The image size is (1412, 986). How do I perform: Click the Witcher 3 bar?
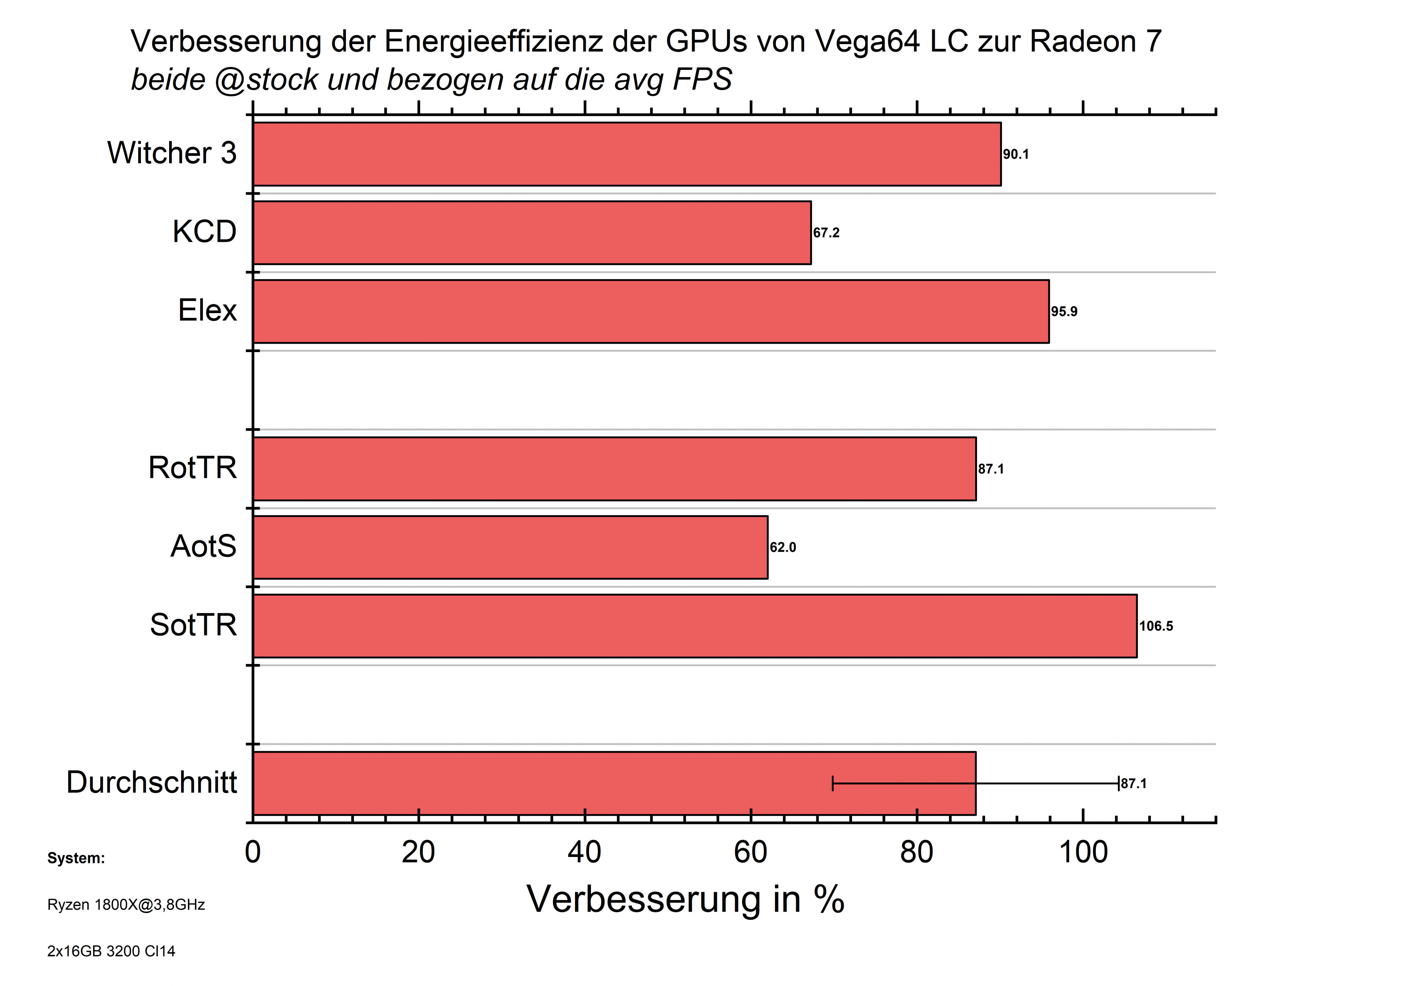pyautogui.click(x=627, y=154)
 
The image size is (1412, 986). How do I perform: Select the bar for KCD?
pyautogui.click(x=532, y=233)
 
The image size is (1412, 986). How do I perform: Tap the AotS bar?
pyautogui.click(x=510, y=547)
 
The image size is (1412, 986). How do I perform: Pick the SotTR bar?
pyautogui.click(x=695, y=626)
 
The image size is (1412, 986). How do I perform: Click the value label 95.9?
pyautogui.click(x=1064, y=312)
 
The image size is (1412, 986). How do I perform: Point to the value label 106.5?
pyautogui.click(x=1156, y=626)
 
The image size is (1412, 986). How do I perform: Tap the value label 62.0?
pyautogui.click(x=783, y=548)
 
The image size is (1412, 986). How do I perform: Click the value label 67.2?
pyautogui.click(x=826, y=233)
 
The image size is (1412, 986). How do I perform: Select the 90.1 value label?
pyautogui.click(x=1016, y=154)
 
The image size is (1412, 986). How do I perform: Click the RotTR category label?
pyautogui.click(x=192, y=468)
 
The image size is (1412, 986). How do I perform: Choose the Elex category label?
pyautogui.click(x=207, y=311)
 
